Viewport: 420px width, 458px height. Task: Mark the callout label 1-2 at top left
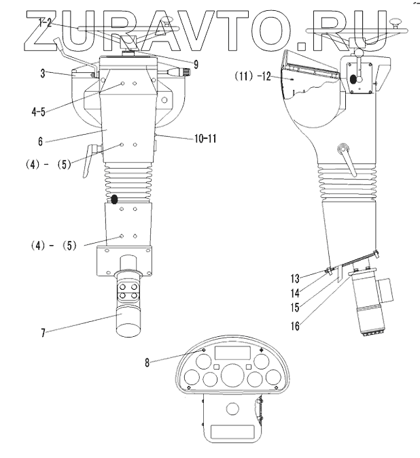pyautogui.click(x=45, y=22)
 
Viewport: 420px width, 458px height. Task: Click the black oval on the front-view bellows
pyautogui.click(x=114, y=199)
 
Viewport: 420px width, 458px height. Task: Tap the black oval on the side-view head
pyautogui.click(x=354, y=80)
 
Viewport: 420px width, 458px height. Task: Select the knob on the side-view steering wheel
pyautogui.click(x=400, y=25)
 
